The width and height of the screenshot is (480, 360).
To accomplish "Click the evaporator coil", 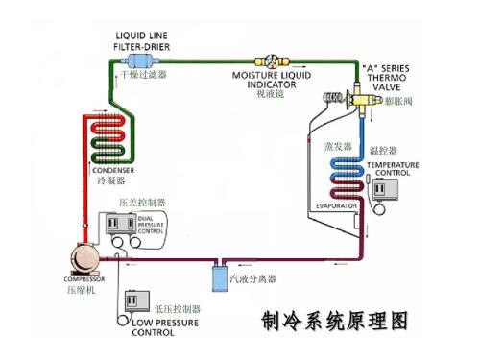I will click(345, 179).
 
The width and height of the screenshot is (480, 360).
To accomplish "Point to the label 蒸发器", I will click(337, 145).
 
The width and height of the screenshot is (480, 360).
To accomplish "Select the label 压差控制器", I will click(142, 202).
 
